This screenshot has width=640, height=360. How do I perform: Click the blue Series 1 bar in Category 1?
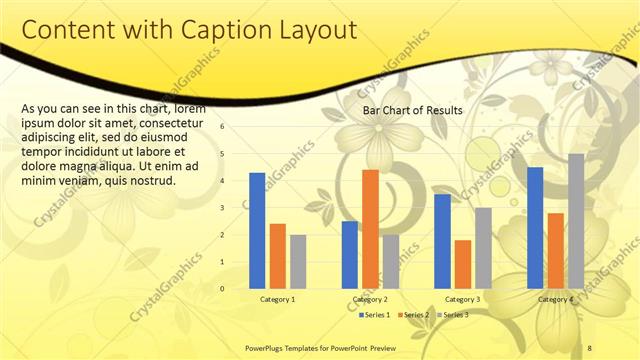pyautogui.click(x=257, y=230)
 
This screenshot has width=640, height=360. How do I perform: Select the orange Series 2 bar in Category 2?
pyautogui.click(x=370, y=229)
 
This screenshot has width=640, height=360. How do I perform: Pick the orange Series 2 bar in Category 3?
pyautogui.click(x=463, y=264)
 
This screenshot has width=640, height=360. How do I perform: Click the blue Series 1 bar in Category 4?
pyautogui.click(x=535, y=227)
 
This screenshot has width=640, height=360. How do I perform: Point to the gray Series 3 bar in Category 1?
pyautogui.click(x=298, y=261)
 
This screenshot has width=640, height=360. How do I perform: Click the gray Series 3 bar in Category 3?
pyautogui.click(x=483, y=248)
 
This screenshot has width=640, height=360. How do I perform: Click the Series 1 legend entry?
pyautogui.click(x=376, y=315)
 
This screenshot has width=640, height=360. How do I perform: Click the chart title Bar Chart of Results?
pyautogui.click(x=412, y=110)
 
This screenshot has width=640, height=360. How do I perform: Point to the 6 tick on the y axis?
pyautogui.click(x=223, y=127)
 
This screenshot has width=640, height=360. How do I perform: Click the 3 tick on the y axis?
pyautogui.click(x=223, y=208)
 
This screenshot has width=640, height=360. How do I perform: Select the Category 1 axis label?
pyautogui.click(x=277, y=299)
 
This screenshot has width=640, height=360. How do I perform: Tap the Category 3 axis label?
pyautogui.click(x=462, y=299)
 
